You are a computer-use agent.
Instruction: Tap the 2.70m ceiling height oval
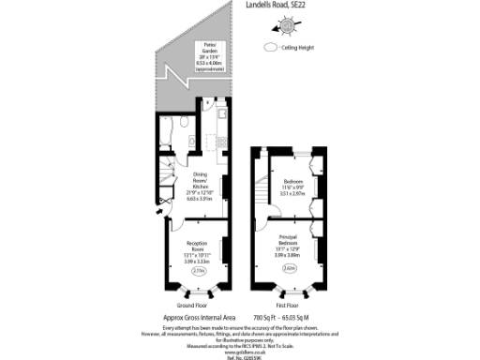coord(198,271)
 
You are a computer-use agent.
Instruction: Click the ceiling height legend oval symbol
coord(273,46)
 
